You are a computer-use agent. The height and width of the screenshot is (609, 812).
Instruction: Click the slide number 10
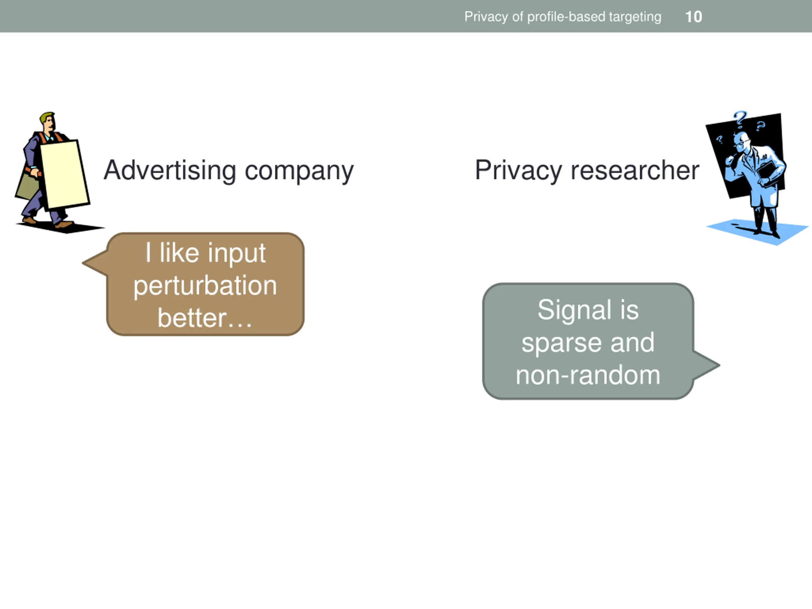pyautogui.click(x=693, y=17)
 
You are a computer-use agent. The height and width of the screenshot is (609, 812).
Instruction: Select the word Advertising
pyautogui.click(x=170, y=171)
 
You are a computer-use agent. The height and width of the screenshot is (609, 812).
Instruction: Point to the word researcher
pyautogui.click(x=635, y=171)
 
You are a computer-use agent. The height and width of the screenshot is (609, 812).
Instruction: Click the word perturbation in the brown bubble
pyautogui.click(x=205, y=286)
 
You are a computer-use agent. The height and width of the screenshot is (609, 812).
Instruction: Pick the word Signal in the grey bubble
pyautogui.click(x=574, y=310)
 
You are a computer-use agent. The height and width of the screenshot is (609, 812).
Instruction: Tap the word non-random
pyautogui.click(x=588, y=375)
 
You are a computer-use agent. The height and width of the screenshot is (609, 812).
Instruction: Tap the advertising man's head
pyautogui.click(x=49, y=121)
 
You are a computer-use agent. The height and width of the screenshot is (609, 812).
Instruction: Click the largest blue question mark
pyautogui.click(x=740, y=119)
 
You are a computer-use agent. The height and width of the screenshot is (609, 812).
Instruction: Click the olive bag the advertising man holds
pyautogui.click(x=27, y=187)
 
